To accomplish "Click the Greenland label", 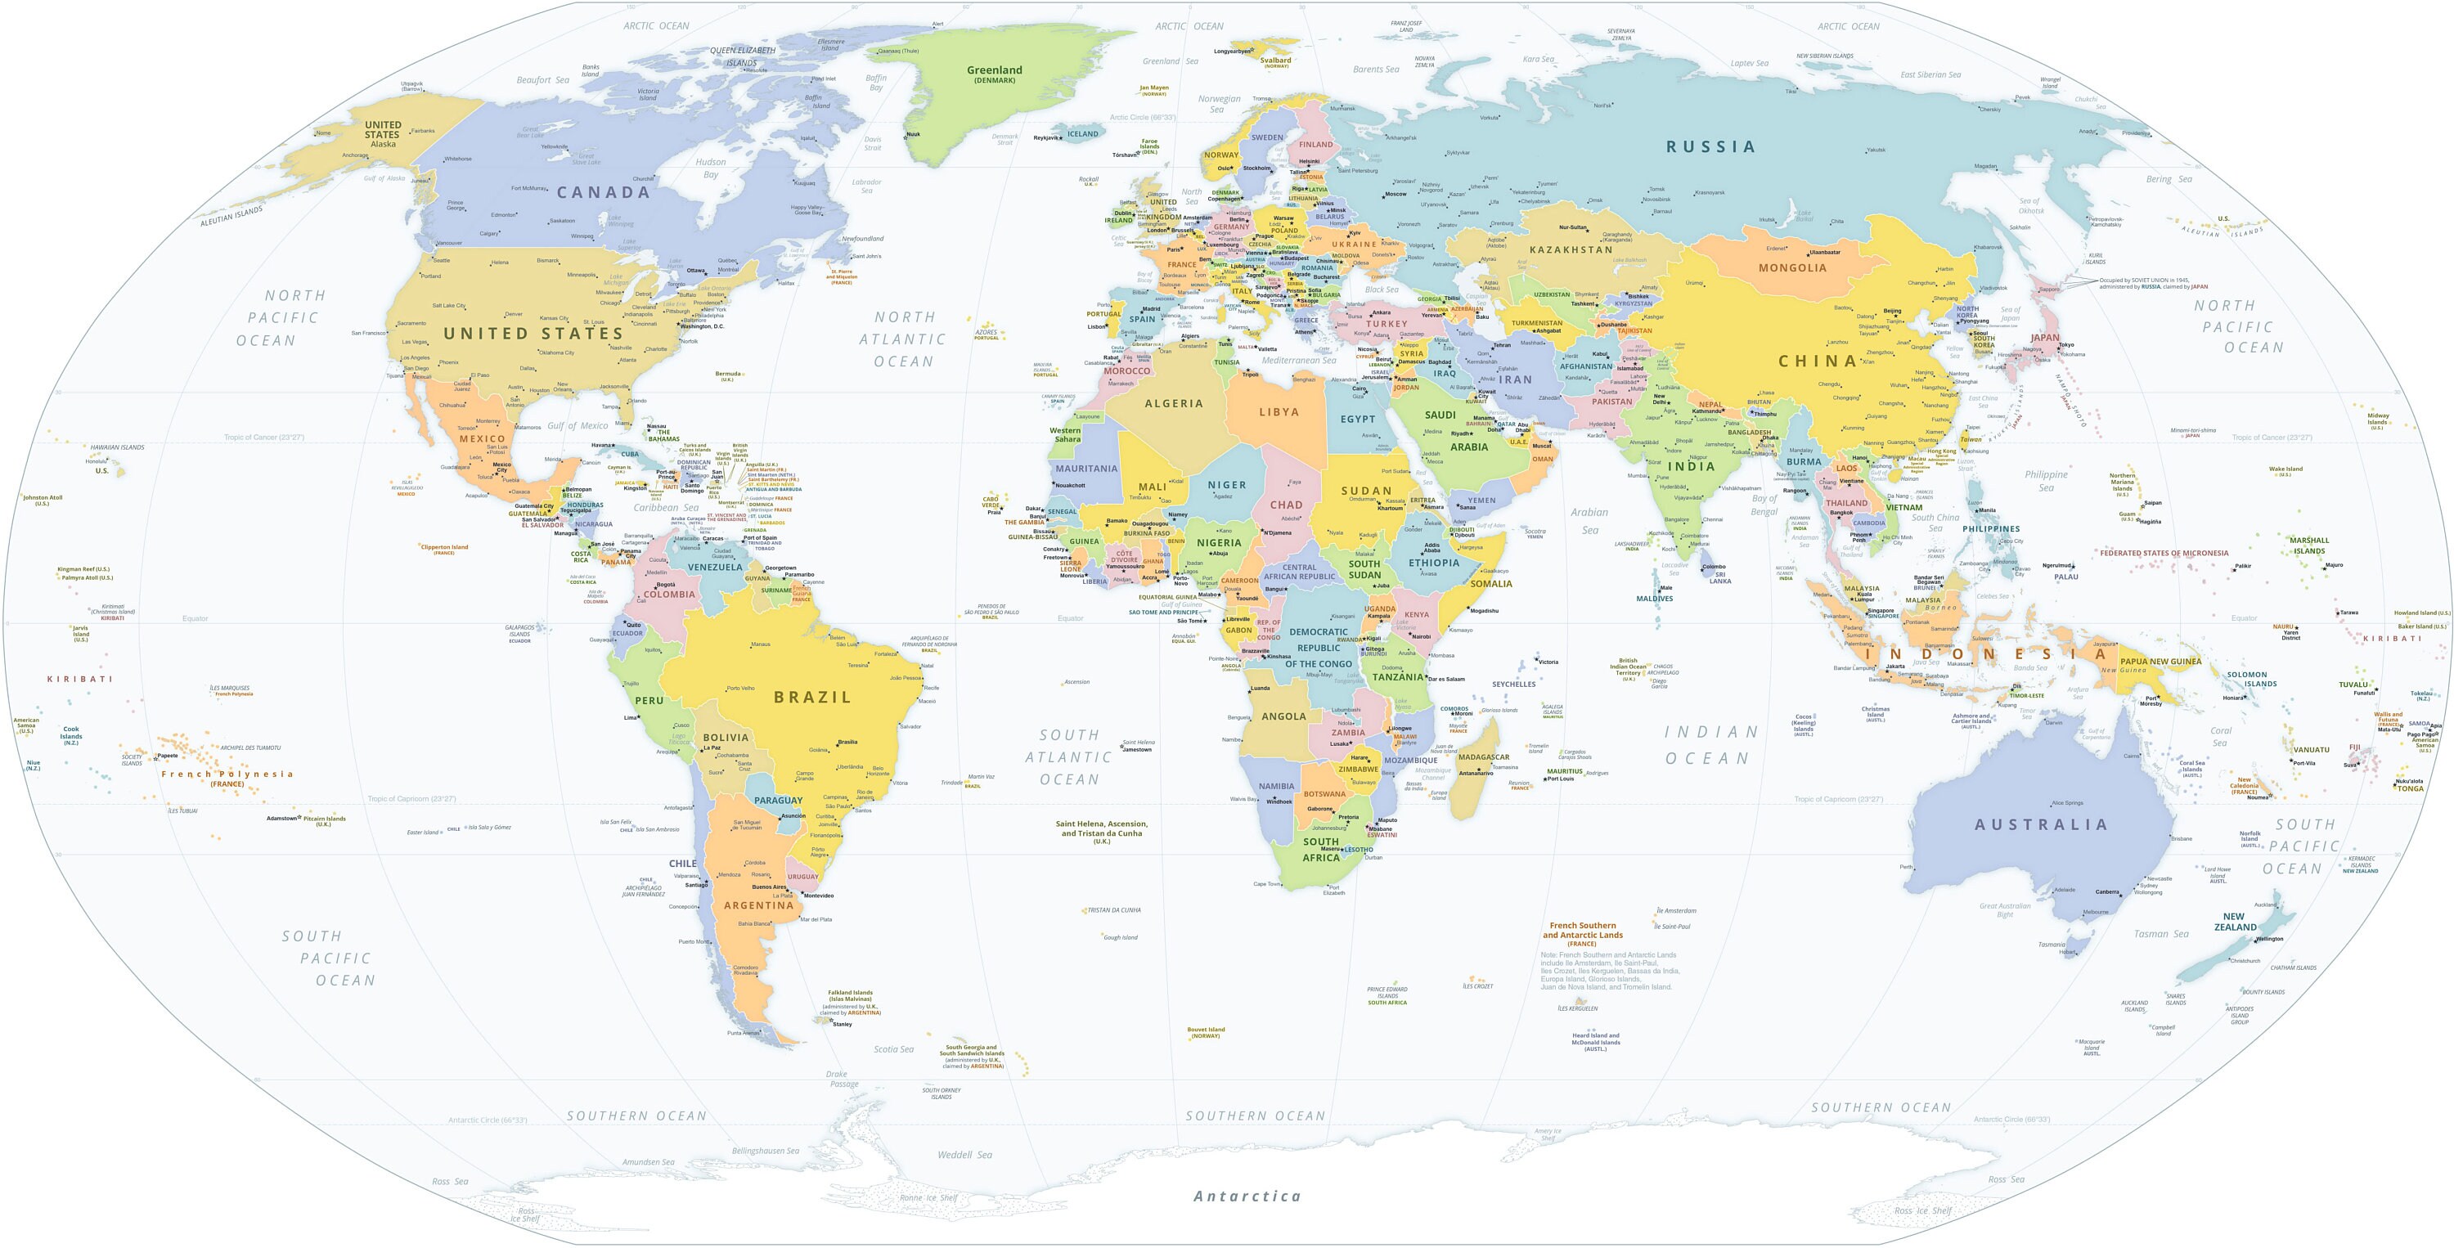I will pyautogui.click(x=994, y=70).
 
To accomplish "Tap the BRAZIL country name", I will pyautogui.click(x=811, y=698).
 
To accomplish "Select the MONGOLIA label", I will pyautogui.click(x=1792, y=267).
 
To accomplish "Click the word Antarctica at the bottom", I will pyautogui.click(x=1246, y=1196).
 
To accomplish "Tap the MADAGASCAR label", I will pyautogui.click(x=1483, y=757).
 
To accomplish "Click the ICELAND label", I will pyautogui.click(x=1082, y=134).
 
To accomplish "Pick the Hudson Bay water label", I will pyautogui.click(x=711, y=168).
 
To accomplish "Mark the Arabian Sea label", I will pyautogui.click(x=1589, y=520).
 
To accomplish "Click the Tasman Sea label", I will pyautogui.click(x=2160, y=934).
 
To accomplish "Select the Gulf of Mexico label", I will pyautogui.click(x=578, y=426).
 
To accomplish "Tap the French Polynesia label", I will pyautogui.click(x=227, y=774).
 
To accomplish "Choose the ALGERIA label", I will pyautogui.click(x=1173, y=404).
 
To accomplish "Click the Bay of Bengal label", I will pyautogui.click(x=1764, y=505).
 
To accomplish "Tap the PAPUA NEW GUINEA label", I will pyautogui.click(x=2160, y=661).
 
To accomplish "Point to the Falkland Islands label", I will pyautogui.click(x=850, y=993).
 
